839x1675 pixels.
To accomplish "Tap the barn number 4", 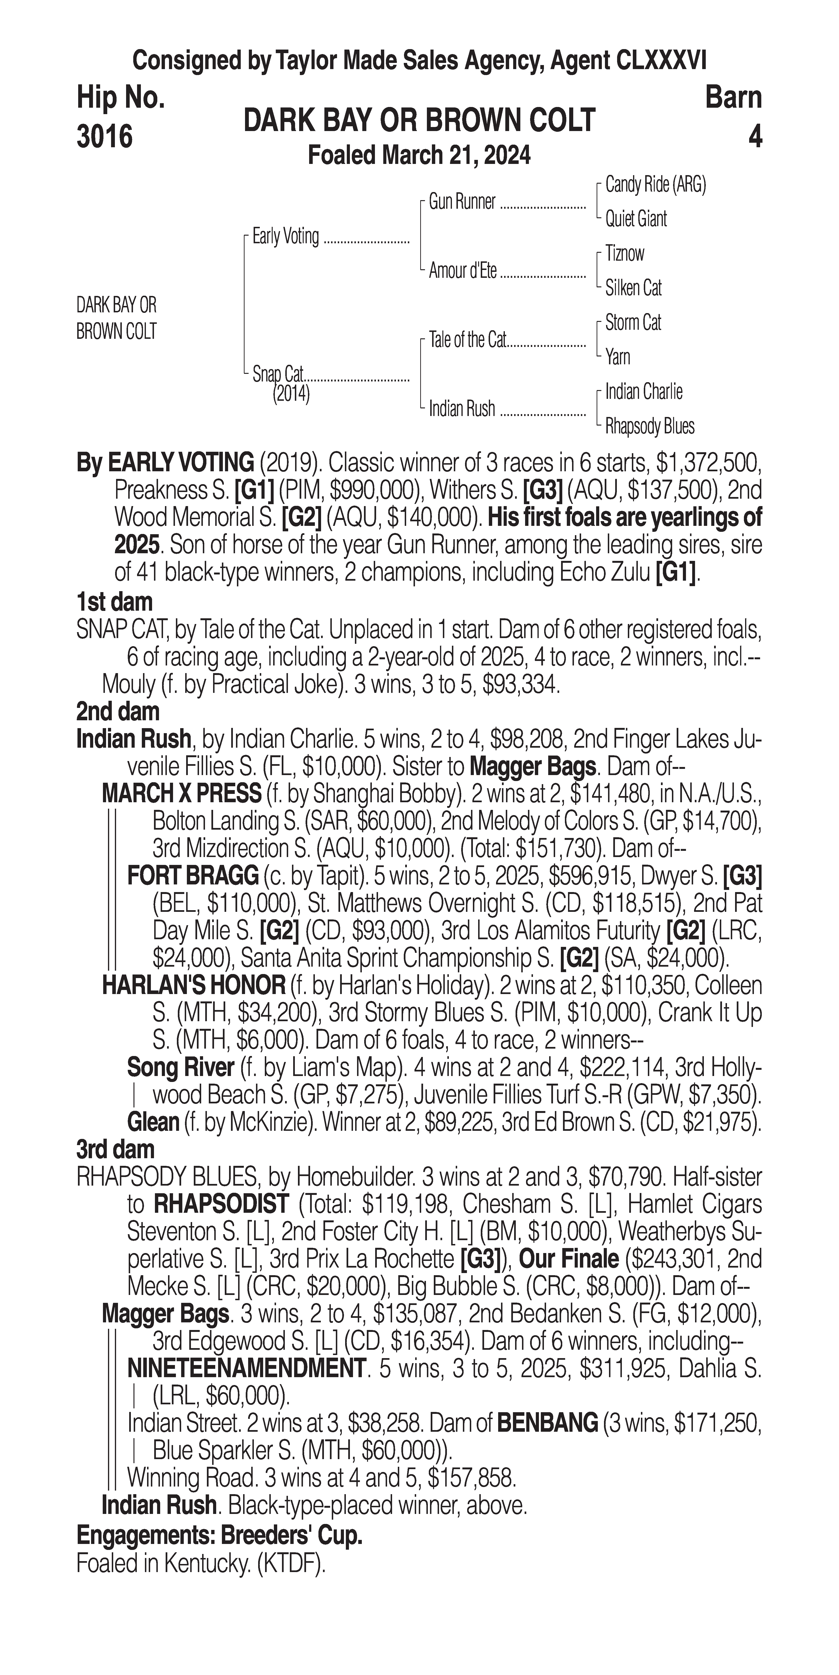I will [754, 137].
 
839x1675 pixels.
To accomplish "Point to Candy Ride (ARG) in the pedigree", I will [655, 185].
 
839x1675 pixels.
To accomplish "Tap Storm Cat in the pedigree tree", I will [633, 322].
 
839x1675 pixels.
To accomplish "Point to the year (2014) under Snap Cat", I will [291, 394].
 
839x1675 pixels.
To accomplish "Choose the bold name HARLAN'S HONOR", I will [193, 986].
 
